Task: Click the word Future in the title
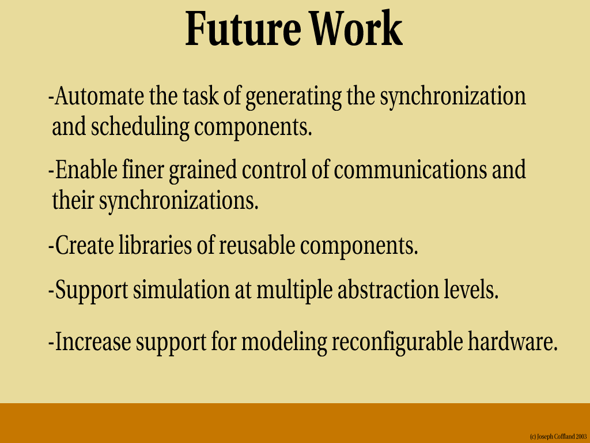[243, 29]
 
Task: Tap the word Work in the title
[356, 29]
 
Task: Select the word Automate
[99, 96]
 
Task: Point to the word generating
[293, 97]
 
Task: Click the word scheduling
[140, 127]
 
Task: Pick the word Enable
[86, 170]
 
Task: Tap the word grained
[203, 171]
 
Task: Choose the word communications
[410, 170]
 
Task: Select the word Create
[84, 245]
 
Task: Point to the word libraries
[155, 245]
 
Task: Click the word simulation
[181, 290]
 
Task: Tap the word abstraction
[388, 290]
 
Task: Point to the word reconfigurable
[398, 343]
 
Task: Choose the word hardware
[512, 341]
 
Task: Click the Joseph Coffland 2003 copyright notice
[558, 437]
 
